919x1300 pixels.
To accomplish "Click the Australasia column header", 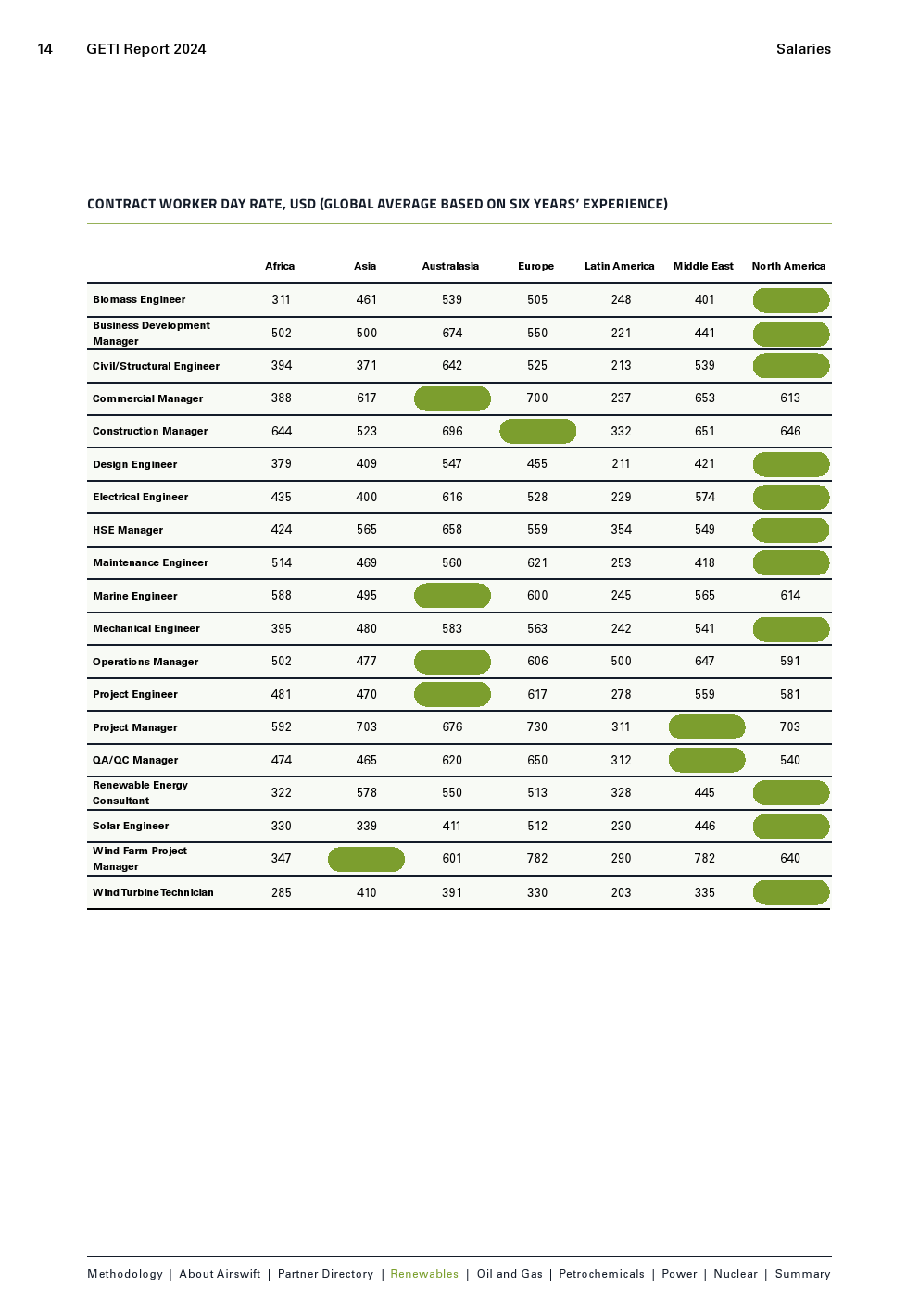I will [x=450, y=266].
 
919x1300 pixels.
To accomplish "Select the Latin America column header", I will [x=619, y=266].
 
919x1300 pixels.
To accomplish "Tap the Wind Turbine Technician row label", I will [x=153, y=892].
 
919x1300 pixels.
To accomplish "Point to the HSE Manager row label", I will [x=128, y=530].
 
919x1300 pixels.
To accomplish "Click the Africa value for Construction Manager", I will [x=282, y=431].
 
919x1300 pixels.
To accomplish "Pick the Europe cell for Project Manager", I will [x=537, y=727].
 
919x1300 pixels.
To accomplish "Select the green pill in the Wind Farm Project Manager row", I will [x=366, y=859].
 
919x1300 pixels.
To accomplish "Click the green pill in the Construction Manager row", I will [x=537, y=431].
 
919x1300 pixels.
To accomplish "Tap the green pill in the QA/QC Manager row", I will [x=707, y=760].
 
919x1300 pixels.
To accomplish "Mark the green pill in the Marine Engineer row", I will [x=452, y=595].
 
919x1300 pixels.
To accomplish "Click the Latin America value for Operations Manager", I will [x=621, y=662].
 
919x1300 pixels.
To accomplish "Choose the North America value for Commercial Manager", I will [x=790, y=398].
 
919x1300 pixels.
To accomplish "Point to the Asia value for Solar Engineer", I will [x=367, y=826].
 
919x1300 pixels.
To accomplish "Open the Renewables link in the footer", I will [x=424, y=1274].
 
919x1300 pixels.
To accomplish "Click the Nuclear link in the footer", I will [x=736, y=1274].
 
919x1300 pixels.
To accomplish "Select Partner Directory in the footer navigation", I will [x=325, y=1274].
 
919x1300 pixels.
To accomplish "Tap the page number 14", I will [x=44, y=49].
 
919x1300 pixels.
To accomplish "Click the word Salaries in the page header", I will [x=803, y=49].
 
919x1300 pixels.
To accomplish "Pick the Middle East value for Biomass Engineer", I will [x=705, y=299].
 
